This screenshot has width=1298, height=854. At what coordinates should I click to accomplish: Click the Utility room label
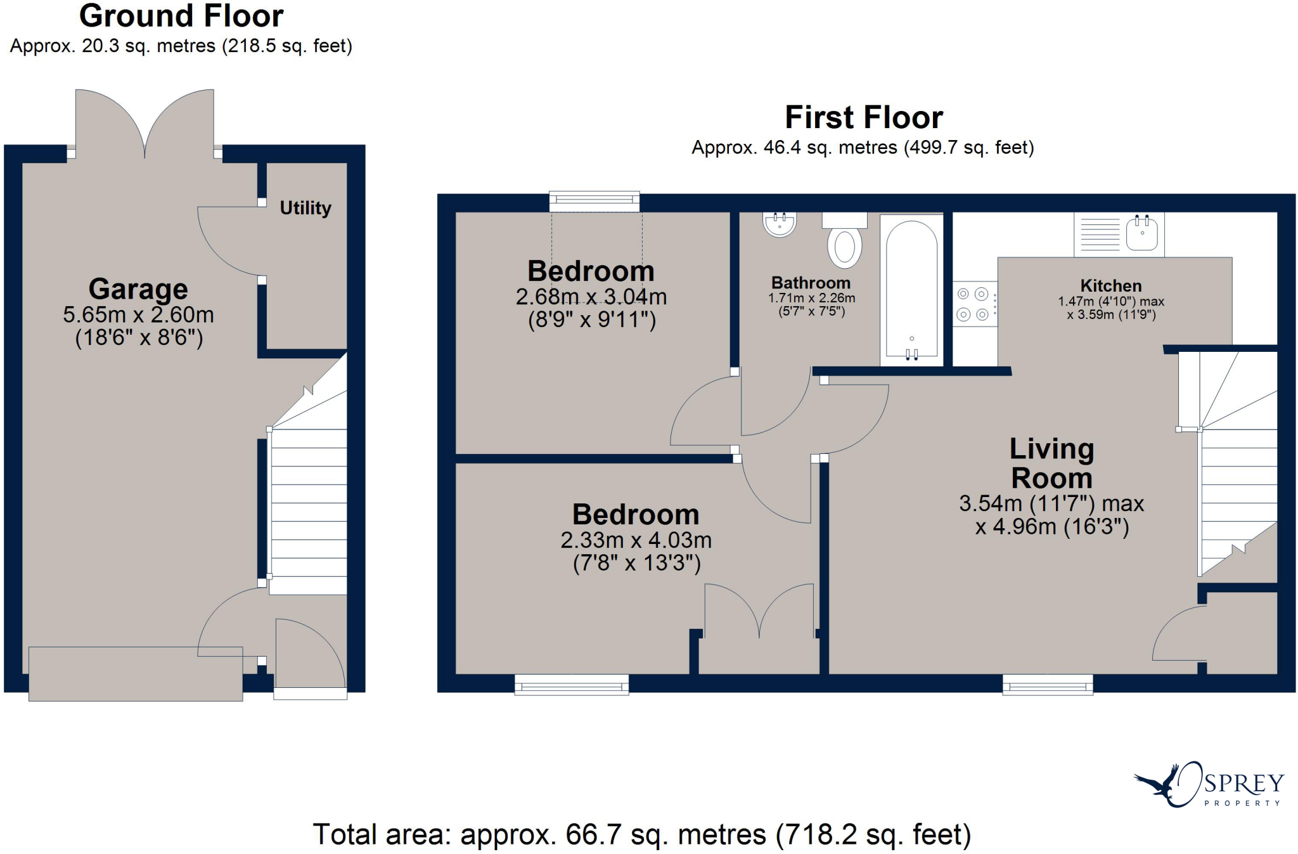pos(305,208)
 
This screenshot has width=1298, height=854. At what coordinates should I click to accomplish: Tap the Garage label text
pos(138,289)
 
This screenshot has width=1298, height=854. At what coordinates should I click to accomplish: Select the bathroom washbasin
pos(780,224)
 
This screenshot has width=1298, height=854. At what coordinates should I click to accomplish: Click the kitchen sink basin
pos(1142,233)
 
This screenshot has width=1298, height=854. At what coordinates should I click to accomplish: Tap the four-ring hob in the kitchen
pos(973,304)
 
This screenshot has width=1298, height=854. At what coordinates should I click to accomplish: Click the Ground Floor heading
pos(181,16)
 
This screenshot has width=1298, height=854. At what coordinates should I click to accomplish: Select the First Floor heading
pos(864,117)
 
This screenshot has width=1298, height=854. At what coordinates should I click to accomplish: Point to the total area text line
pos(642,834)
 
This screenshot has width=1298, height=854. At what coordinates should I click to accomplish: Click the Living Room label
pos(1051,463)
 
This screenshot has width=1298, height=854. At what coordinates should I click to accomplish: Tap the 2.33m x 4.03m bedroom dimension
pos(636,540)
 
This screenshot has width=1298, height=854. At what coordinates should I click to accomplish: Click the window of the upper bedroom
pos(594,202)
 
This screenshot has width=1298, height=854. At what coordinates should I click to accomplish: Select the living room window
pos(1048,685)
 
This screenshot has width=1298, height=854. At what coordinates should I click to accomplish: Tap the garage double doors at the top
pos(145,124)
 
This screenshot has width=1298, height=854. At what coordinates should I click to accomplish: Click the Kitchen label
pos(1111,286)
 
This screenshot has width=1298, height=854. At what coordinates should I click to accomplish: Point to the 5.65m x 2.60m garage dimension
pos(138,315)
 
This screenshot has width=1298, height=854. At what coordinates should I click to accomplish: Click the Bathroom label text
pos(811,283)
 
